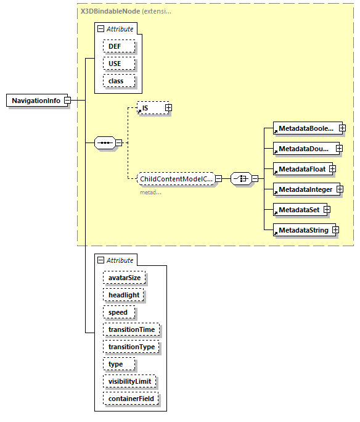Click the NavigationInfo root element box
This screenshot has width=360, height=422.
(x=36, y=101)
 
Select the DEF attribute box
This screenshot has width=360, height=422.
(x=115, y=46)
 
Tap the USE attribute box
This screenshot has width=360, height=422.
(x=115, y=64)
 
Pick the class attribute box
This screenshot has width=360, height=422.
(x=116, y=81)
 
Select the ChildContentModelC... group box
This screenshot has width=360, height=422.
(x=176, y=179)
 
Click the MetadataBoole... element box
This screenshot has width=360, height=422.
(x=306, y=128)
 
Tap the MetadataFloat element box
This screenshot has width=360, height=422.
(x=301, y=168)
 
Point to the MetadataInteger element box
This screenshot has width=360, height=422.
(x=305, y=189)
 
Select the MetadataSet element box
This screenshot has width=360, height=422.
(x=298, y=210)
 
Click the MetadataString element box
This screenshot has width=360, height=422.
(x=303, y=230)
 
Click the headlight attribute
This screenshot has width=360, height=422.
(x=124, y=295)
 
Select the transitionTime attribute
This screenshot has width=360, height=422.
(x=131, y=329)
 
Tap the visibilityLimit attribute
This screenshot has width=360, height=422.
(x=129, y=381)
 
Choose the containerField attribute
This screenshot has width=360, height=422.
(x=131, y=399)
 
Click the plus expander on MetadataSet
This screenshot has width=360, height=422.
(x=327, y=210)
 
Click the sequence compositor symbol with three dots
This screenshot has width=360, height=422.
(x=105, y=143)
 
